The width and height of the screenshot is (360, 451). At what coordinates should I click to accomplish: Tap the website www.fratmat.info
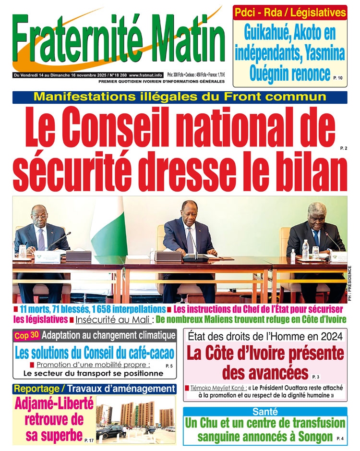click(147, 75)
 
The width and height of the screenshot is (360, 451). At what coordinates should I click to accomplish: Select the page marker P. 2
click(343, 149)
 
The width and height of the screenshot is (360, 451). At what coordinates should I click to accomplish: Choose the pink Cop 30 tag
click(26, 336)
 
